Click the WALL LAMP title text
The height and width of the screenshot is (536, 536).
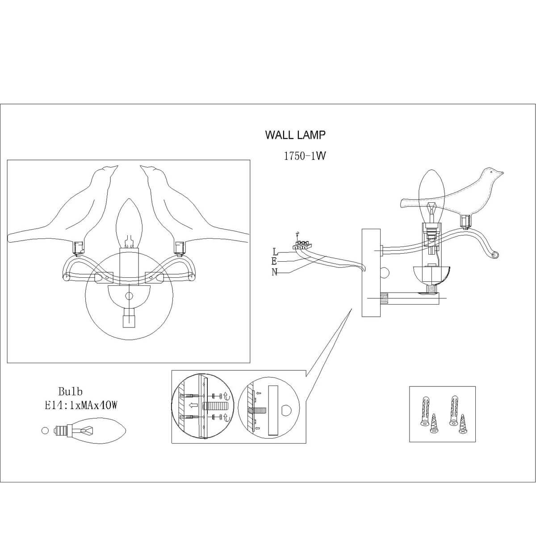[295, 134]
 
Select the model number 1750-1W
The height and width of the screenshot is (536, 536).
[303, 156]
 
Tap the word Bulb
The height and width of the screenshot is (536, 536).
[70, 392]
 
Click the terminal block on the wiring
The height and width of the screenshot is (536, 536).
[300, 244]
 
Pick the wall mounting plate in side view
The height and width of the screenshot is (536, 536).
[370, 272]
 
